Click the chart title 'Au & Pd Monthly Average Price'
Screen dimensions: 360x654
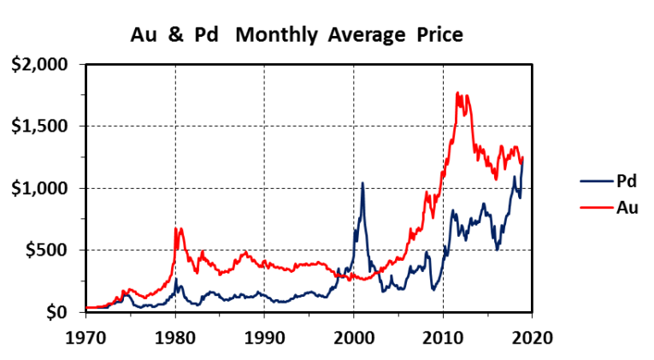296,35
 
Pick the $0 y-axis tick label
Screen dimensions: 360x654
62,312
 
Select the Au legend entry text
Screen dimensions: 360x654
626,206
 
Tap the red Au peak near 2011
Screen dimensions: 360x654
458,93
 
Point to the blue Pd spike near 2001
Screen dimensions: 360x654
362,183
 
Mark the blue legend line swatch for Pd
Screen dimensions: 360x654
596,181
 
